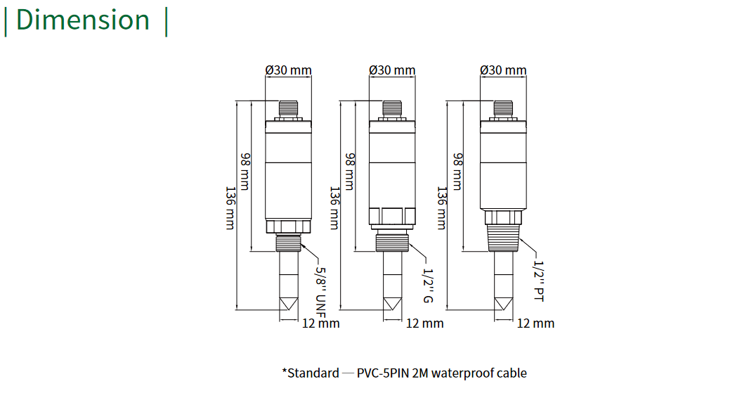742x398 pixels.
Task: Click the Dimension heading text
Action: point(83,20)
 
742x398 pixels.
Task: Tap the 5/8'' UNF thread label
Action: point(320,288)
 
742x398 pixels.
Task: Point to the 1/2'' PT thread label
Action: point(540,281)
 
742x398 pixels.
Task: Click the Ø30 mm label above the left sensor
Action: point(288,70)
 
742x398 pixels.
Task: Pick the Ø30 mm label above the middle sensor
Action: point(392,70)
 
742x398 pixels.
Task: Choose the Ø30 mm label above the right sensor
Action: point(503,70)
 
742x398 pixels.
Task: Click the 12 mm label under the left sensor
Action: point(320,323)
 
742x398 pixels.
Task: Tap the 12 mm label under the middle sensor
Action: point(425,323)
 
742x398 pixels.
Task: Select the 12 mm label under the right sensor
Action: point(535,323)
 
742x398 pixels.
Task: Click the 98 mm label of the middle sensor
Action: point(349,169)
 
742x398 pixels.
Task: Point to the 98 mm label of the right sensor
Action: point(457,169)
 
